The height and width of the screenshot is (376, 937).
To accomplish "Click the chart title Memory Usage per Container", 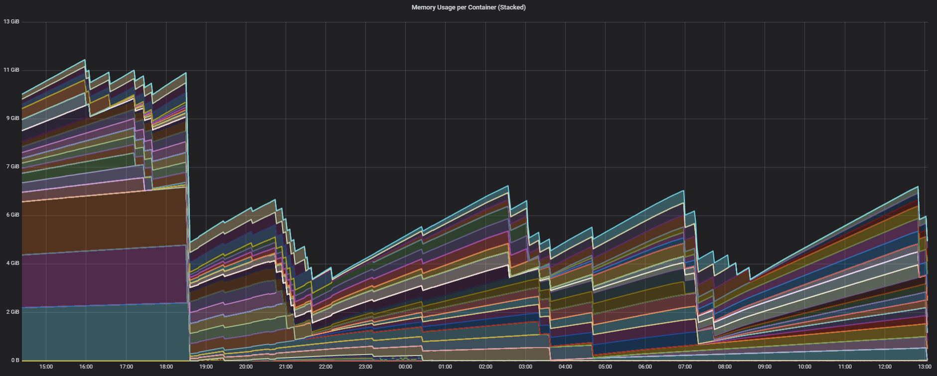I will pos(468,7).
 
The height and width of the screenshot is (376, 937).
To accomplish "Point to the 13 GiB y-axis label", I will pos(11,21).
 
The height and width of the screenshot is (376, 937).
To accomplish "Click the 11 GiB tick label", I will pos(11,70).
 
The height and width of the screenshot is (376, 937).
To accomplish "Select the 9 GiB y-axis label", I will pos(12,118).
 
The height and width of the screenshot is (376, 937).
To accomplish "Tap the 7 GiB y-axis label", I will pos(12,166).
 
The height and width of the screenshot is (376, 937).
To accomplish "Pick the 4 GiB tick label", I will pos(12,263).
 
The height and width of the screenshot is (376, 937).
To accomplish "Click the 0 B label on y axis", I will pos(14,360).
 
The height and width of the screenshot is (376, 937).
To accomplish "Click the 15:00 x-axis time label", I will pos(46,367).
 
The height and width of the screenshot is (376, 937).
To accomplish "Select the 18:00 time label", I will pos(166,367).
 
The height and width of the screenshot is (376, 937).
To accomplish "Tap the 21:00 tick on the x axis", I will pos(286,367).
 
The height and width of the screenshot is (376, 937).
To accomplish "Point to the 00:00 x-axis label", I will pos(405,367).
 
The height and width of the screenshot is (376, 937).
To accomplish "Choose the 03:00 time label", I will pos(525,367).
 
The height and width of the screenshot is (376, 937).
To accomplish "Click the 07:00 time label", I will pos(685,367).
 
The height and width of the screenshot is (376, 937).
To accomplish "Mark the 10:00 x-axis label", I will pos(804,367).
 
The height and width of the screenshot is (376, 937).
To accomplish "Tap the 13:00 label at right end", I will pos(924,367).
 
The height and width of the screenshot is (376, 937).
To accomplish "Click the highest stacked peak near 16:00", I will pos(85,60).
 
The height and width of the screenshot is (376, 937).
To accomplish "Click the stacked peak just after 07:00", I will pos(683,191).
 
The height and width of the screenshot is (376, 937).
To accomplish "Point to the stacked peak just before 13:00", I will pos(918,187).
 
